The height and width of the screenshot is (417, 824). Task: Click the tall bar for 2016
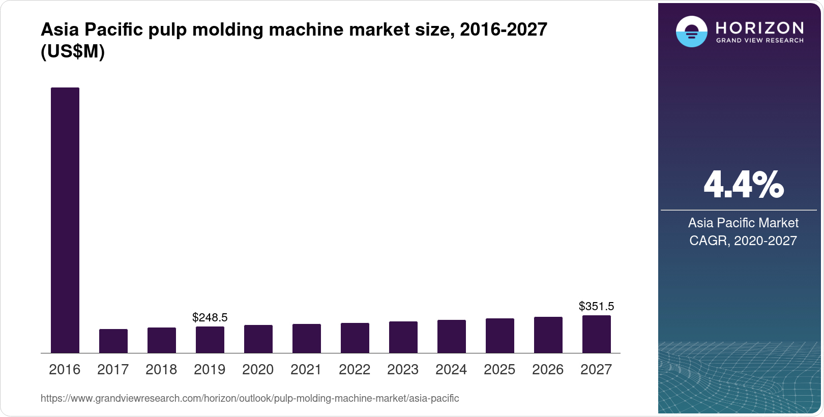tap(65, 220)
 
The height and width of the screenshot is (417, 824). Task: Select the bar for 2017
tap(113, 341)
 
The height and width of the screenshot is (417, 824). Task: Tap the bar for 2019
tap(210, 340)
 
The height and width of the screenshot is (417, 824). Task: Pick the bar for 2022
tap(355, 338)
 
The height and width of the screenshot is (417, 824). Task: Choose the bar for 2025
tap(500, 336)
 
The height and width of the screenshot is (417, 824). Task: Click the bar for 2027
tap(597, 334)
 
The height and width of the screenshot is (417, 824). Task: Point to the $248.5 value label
tap(210, 318)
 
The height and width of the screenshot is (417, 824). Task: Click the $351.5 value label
tap(597, 306)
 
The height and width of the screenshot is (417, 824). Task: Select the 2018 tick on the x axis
tap(161, 370)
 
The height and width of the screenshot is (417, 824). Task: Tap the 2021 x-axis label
tap(306, 370)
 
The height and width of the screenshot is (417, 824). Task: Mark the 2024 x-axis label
tap(451, 370)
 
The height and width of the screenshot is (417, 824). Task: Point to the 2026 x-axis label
tap(548, 370)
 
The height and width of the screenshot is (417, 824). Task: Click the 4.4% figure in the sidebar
tap(743, 185)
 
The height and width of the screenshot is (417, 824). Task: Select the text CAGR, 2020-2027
tap(743, 241)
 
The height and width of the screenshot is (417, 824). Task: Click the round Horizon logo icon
tap(691, 32)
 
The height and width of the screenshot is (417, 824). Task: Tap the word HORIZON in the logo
tap(760, 27)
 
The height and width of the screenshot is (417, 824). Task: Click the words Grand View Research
tap(760, 40)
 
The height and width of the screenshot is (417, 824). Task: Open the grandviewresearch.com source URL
tap(250, 399)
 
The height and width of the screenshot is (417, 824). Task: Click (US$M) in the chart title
tap(73, 51)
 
